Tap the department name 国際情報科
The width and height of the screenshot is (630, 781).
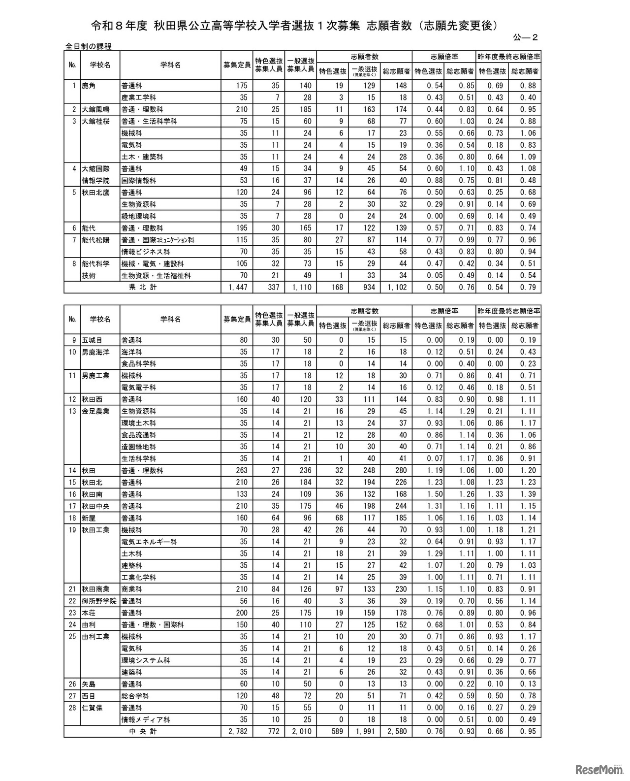(139, 181)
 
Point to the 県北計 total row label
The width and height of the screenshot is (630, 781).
(143, 287)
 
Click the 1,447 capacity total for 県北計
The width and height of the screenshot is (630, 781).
(237, 287)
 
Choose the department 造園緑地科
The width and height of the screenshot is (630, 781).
(139, 447)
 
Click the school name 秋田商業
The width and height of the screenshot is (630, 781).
(95, 589)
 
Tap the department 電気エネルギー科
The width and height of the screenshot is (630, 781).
(149, 542)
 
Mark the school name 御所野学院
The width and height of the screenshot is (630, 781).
(99, 601)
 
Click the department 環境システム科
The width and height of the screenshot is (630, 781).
(146, 660)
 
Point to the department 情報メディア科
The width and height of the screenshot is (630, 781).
(146, 719)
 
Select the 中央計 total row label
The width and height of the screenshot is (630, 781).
(143, 732)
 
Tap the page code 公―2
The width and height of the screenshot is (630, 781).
(525, 36)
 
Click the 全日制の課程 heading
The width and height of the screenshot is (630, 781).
(89, 46)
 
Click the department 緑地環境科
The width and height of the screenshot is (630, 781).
(139, 216)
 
